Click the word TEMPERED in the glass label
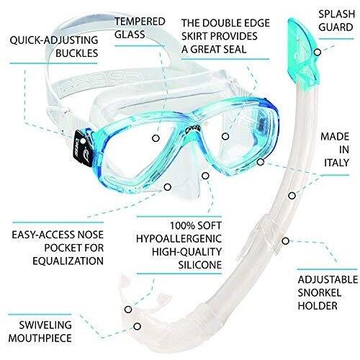pos(140,22)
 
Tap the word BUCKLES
pos(77,53)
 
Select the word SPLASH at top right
pos(336,14)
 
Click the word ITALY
pos(336,163)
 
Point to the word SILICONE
pos(200,265)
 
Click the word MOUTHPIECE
pos(40,338)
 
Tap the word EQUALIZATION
pos(68,261)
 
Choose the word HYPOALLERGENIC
pos(179,238)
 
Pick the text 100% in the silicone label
pos(181,225)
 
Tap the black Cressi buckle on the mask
pos(83,149)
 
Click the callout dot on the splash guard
pos(318,52)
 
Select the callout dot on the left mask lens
pos(156,138)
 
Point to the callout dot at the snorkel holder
pos(285,240)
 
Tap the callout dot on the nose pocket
pos(168,186)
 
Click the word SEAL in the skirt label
pos(235,49)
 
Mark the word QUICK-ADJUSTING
pos(54,40)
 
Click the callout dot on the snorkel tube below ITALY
pos(292,196)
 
